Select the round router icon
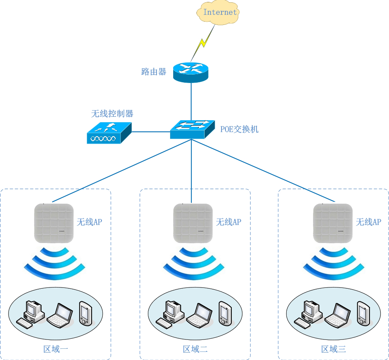pos(191,72)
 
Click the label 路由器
pos(154,72)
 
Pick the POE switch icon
pos(192,129)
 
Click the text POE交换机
pos(239,129)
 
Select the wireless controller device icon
pos(109,133)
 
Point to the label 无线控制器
pos(112,114)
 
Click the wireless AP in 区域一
pos(54,223)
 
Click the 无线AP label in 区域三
pos(368,222)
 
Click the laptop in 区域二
pos(199,315)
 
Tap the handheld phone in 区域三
pos(363,313)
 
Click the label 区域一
pos(56,349)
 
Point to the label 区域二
pos(195,349)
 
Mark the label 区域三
pos(334,349)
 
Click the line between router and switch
pos(191,101)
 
